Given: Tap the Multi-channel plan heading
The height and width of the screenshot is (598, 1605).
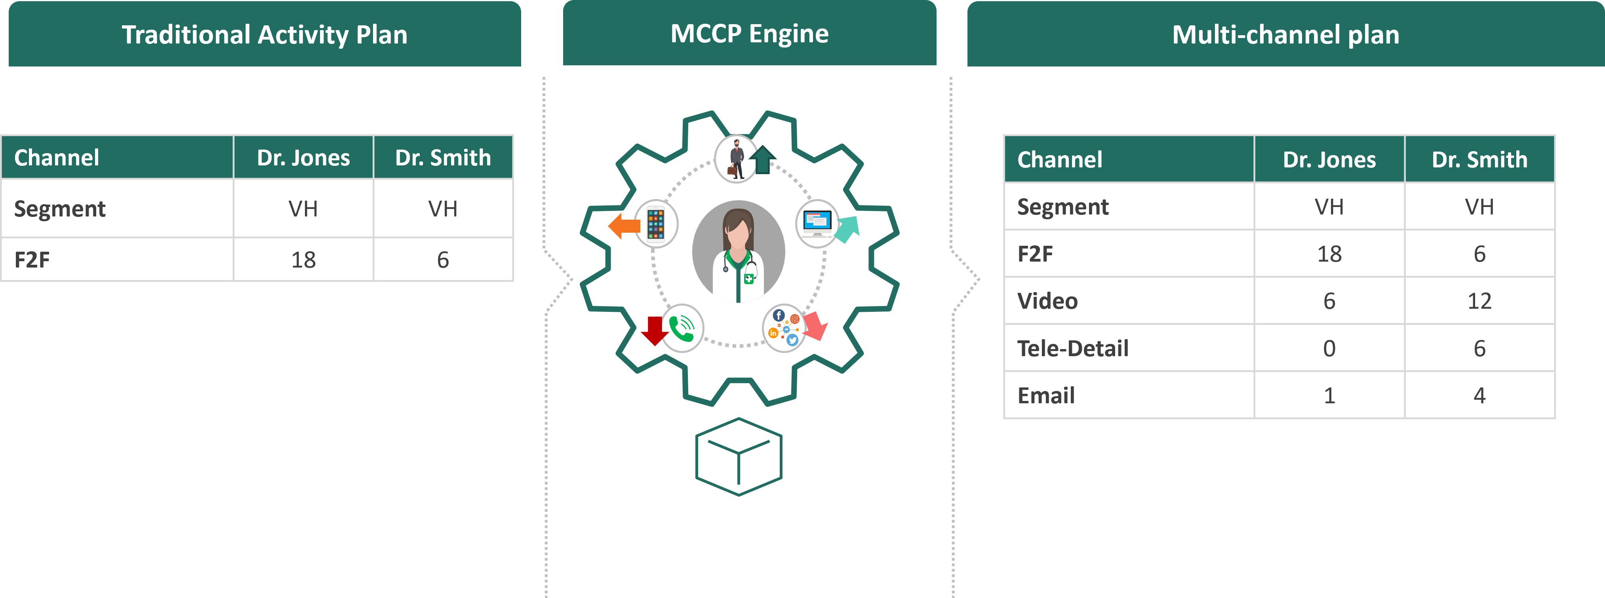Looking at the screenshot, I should (x=1285, y=35).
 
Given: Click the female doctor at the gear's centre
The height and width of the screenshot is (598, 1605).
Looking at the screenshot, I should (x=738, y=252).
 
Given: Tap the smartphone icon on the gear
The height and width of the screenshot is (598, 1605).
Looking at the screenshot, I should (x=655, y=224).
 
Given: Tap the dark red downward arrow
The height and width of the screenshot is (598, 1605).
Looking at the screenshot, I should (x=654, y=330).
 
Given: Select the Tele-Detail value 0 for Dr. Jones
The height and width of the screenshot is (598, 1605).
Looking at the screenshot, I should (x=1329, y=348).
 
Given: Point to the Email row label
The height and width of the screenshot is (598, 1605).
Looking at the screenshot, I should (x=1046, y=395).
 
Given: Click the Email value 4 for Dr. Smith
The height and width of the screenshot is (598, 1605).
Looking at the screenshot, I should (x=1479, y=395).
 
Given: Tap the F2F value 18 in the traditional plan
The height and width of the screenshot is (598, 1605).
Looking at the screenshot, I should (x=303, y=260).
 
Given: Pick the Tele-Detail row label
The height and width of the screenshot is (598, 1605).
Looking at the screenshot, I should (x=1072, y=348).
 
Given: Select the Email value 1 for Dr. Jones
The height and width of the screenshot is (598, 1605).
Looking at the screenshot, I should (x=1329, y=395).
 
